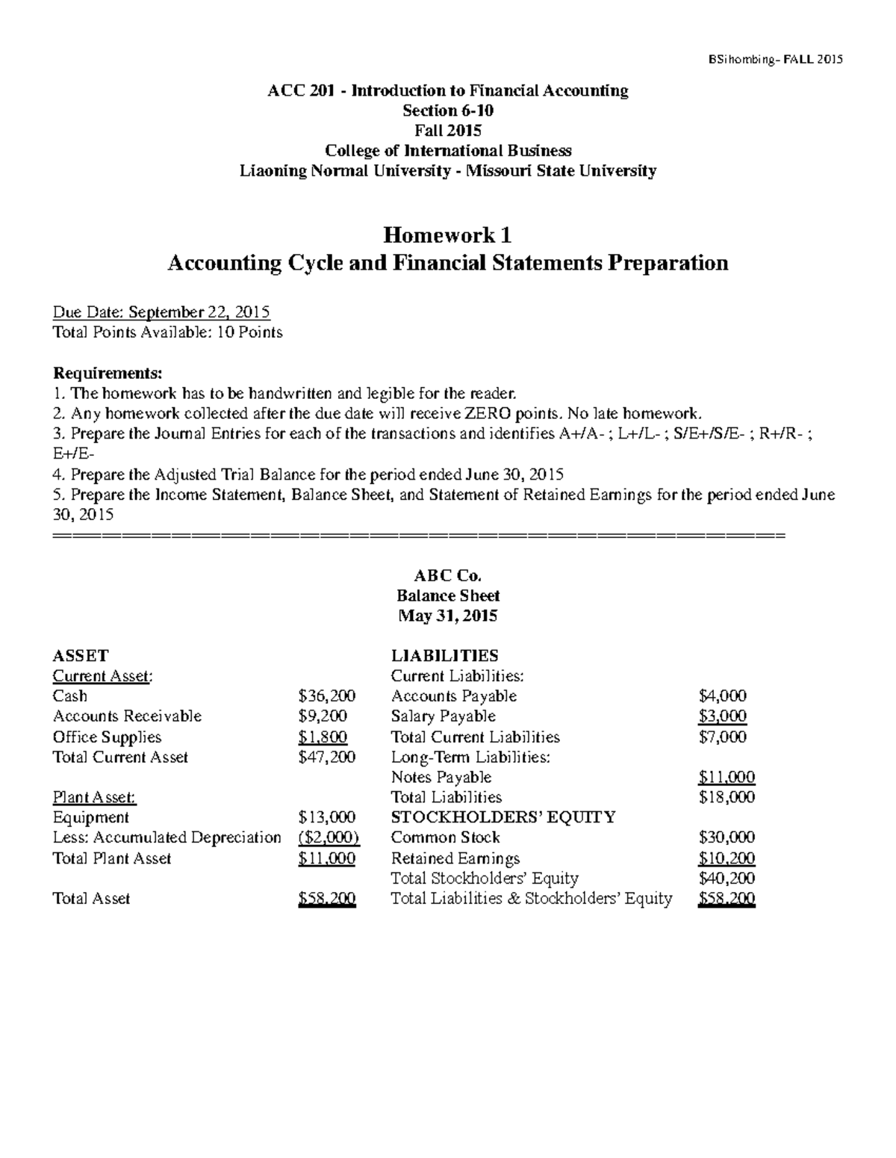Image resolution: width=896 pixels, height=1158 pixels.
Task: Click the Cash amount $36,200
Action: (326, 696)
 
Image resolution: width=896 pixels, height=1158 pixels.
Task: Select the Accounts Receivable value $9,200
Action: (323, 716)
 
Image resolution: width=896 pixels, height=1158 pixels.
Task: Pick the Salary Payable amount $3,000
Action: (722, 716)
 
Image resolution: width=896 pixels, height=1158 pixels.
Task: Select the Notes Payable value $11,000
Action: (727, 778)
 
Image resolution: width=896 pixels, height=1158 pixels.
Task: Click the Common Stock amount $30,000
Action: (727, 838)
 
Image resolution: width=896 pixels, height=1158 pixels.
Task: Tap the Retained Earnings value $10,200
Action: (727, 858)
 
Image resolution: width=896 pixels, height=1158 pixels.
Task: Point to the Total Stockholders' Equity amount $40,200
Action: (727, 879)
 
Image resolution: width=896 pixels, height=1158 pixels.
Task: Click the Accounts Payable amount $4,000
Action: (722, 696)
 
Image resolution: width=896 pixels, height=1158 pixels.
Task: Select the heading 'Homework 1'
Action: (447, 236)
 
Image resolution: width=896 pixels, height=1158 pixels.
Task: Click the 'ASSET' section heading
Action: (81, 656)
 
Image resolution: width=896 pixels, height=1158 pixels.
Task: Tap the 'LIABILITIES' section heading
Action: (444, 656)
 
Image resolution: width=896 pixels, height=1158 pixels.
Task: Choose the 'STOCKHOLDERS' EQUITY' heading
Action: (503, 817)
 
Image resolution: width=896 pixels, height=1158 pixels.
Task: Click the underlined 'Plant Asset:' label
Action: (94, 798)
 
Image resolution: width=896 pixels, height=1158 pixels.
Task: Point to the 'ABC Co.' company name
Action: (447, 576)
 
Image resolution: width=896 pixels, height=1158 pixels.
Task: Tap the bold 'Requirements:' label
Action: (107, 373)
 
